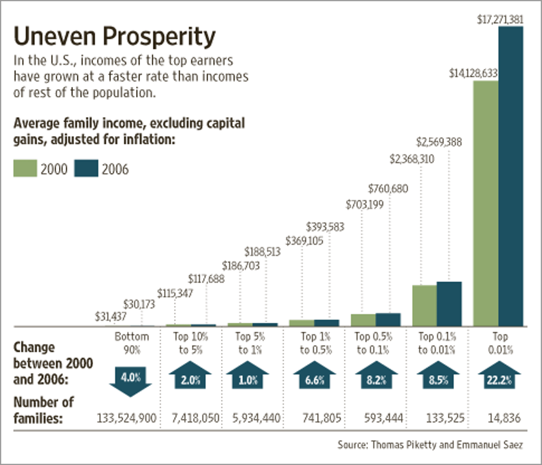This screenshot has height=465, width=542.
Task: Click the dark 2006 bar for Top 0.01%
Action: [x=510, y=176]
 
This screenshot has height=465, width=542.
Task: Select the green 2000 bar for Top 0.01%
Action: [x=486, y=203]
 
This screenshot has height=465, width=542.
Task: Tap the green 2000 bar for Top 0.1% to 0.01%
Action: [x=424, y=306]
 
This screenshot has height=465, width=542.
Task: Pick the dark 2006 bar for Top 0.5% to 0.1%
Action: [x=388, y=320]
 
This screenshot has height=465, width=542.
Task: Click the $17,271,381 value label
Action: [x=500, y=19]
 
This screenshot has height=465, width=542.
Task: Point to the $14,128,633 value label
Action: [x=473, y=73]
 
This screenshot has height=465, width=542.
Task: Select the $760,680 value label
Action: [x=388, y=189]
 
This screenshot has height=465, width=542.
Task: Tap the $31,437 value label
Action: [x=110, y=317]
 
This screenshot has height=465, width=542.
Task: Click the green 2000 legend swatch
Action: [x=25, y=169]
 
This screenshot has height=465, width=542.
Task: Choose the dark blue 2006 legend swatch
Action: [x=86, y=169]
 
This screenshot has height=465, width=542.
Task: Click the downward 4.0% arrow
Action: [x=131, y=379]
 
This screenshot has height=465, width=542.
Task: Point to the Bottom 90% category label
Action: [x=132, y=343]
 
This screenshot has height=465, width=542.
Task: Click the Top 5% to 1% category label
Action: [x=250, y=343]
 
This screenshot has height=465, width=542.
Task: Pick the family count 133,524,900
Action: [x=126, y=418]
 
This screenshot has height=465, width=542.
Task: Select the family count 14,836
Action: [x=504, y=418]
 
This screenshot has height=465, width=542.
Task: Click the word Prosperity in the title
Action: [x=159, y=37]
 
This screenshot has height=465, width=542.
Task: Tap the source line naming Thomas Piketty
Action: [x=430, y=444]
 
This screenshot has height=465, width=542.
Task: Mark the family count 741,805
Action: [x=322, y=418]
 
